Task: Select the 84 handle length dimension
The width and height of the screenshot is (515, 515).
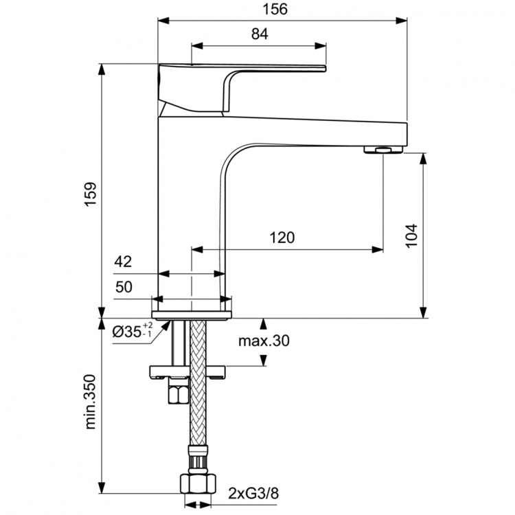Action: [259, 34]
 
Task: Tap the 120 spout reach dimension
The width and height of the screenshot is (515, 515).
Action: [282, 238]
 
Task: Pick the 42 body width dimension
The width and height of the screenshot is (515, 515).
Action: [124, 262]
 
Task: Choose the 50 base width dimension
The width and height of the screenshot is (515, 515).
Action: [124, 288]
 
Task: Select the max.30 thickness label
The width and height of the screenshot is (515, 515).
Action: [264, 341]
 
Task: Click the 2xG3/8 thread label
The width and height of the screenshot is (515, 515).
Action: [253, 492]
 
